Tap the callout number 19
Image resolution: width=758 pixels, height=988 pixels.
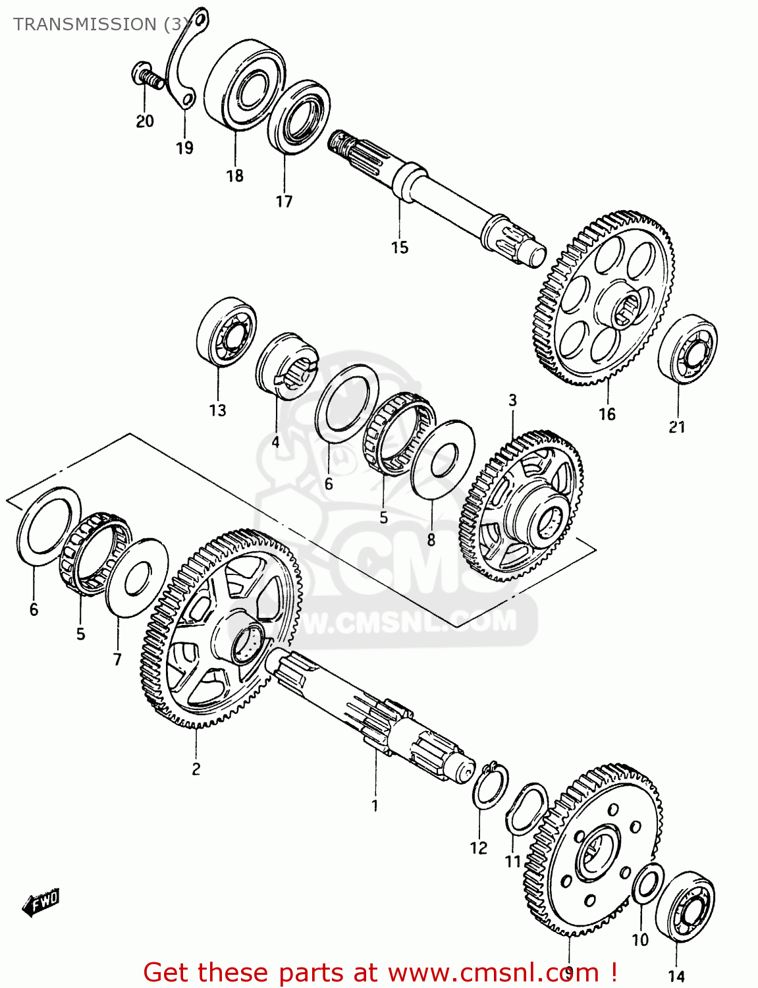point(184,148)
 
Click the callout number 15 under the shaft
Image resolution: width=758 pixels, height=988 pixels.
point(400,248)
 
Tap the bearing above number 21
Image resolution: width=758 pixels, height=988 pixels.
point(687,347)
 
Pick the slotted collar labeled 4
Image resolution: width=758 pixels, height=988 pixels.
point(287,366)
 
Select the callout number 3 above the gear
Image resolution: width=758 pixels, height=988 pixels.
point(512,400)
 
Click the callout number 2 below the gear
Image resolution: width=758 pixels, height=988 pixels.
point(196,769)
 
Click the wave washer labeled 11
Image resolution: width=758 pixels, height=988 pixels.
point(527,809)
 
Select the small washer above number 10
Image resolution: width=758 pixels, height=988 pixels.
point(648,885)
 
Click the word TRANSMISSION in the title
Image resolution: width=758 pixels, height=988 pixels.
point(84,24)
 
